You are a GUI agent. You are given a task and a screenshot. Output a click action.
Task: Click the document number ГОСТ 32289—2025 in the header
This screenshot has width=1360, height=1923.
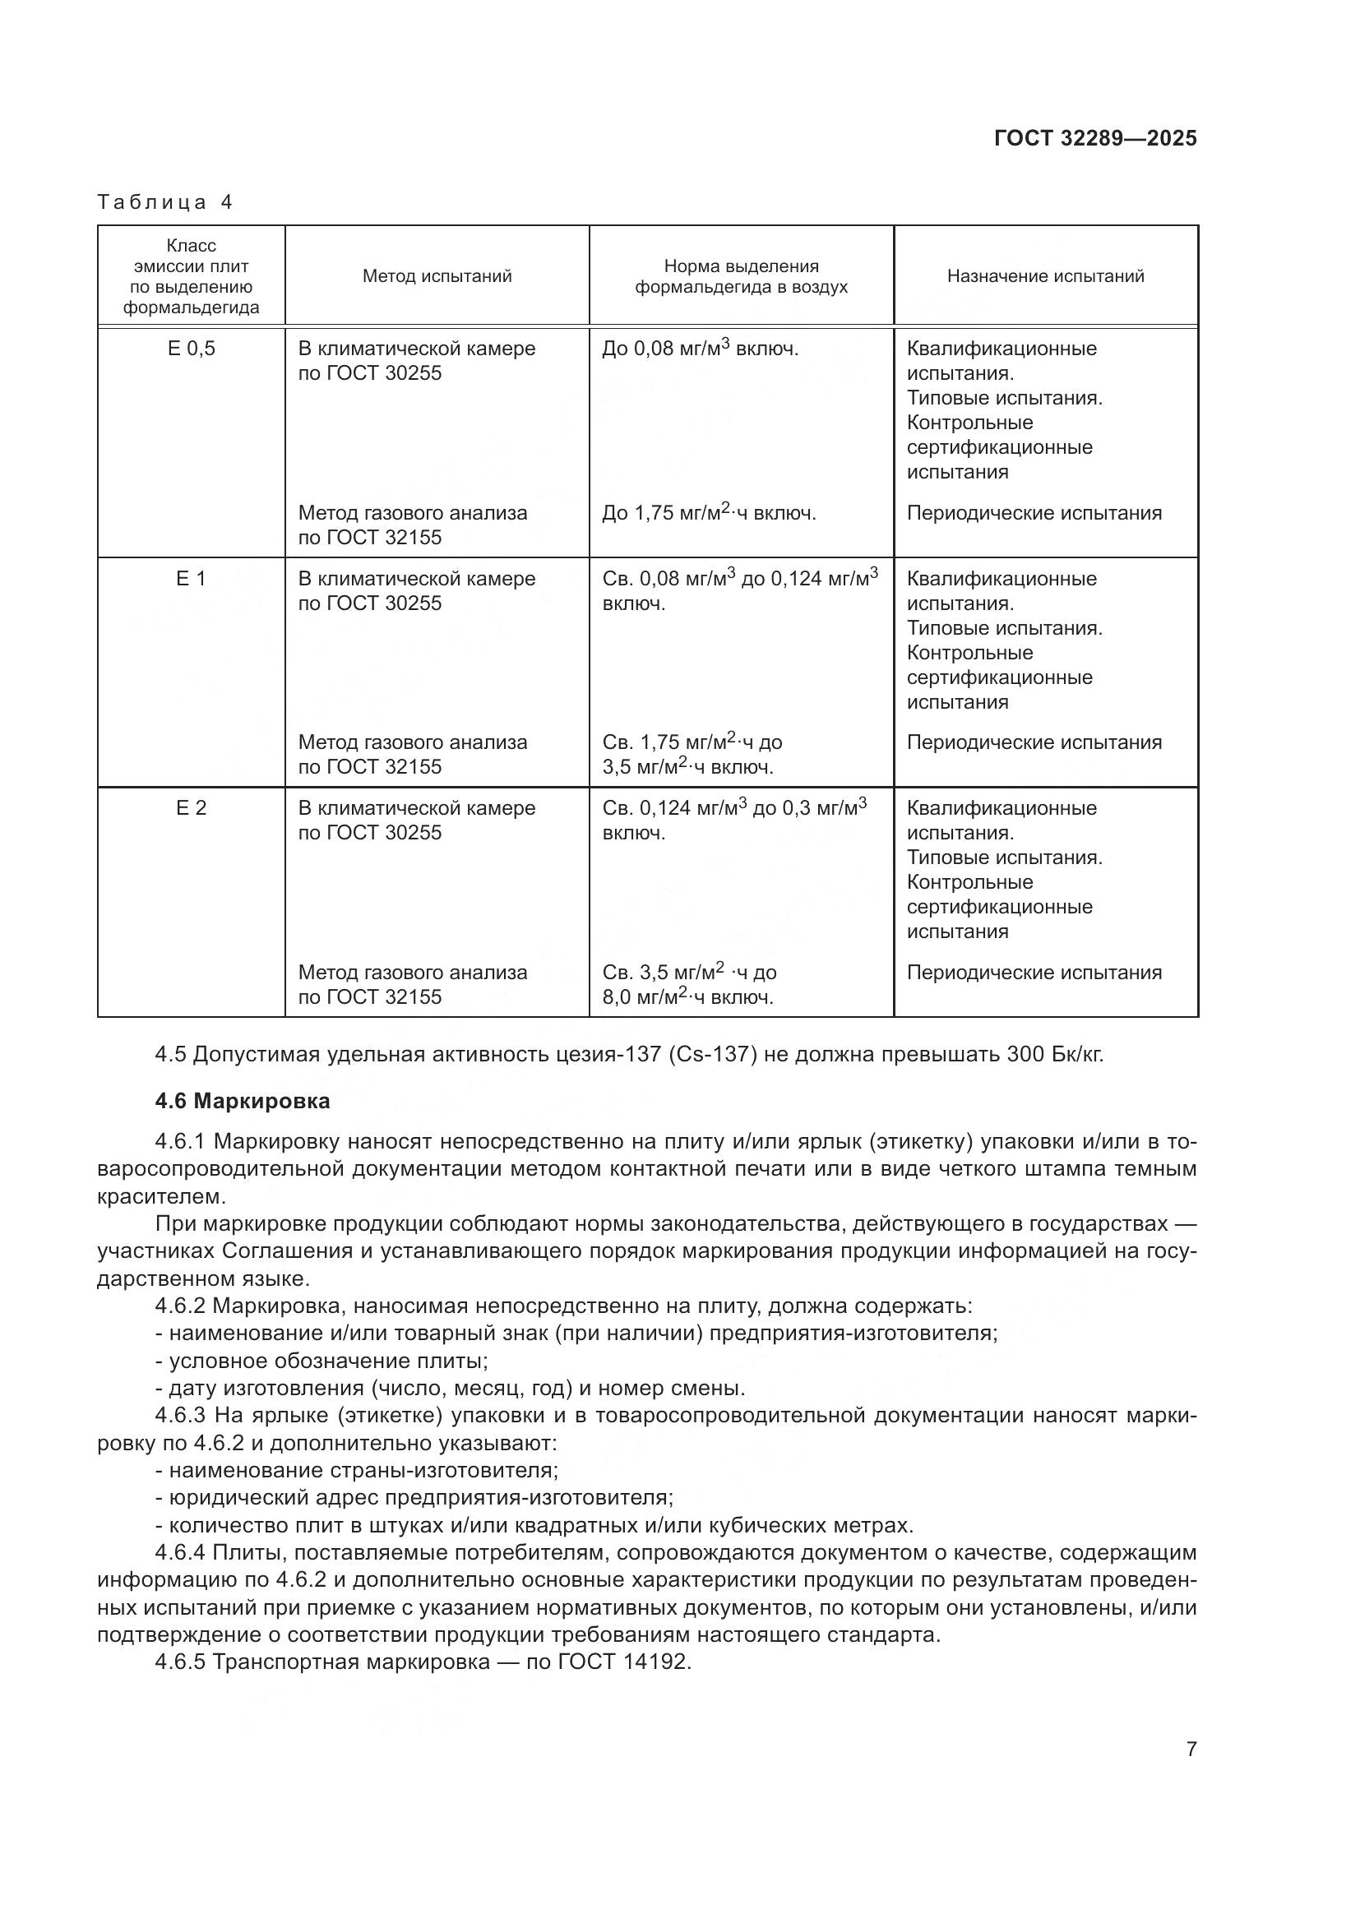pos(1095,138)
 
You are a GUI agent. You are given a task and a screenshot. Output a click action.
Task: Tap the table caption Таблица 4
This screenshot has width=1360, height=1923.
pos(164,202)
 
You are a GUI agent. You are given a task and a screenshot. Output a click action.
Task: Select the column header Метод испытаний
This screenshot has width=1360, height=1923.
pos(437,276)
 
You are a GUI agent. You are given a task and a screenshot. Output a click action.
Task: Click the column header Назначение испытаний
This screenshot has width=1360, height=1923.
pos(1045,276)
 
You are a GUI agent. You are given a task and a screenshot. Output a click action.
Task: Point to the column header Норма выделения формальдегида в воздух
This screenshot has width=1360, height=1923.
pos(740,276)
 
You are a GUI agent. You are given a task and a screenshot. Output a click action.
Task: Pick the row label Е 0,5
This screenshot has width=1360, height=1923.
pos(191,349)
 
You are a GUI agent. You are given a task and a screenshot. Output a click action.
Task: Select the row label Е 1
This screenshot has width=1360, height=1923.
pos(191,579)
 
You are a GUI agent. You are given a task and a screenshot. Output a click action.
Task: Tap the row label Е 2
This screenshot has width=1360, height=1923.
pos(191,808)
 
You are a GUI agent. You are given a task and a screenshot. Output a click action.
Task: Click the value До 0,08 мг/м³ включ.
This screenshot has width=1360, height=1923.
pos(700,349)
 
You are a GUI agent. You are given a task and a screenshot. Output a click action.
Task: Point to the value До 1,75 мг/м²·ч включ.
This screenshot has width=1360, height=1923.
pos(709,512)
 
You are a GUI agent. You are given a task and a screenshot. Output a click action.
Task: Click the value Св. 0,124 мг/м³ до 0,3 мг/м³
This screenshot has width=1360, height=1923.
pos(733,808)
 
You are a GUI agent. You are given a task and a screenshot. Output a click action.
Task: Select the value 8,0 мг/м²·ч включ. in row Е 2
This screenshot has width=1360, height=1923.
pos(687,997)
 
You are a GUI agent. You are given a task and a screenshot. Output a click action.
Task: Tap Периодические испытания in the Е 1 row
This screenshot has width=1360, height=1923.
pos(1034,743)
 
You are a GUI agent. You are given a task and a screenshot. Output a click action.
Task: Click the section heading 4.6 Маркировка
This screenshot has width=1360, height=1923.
pos(242,1102)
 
